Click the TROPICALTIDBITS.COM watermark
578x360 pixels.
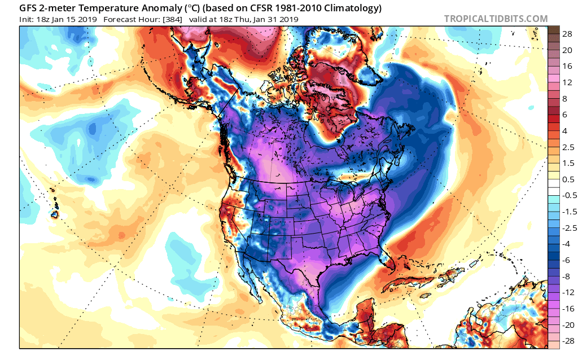pyautogui.click(x=496, y=19)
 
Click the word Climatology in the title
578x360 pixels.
pyautogui.click(x=348, y=8)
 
